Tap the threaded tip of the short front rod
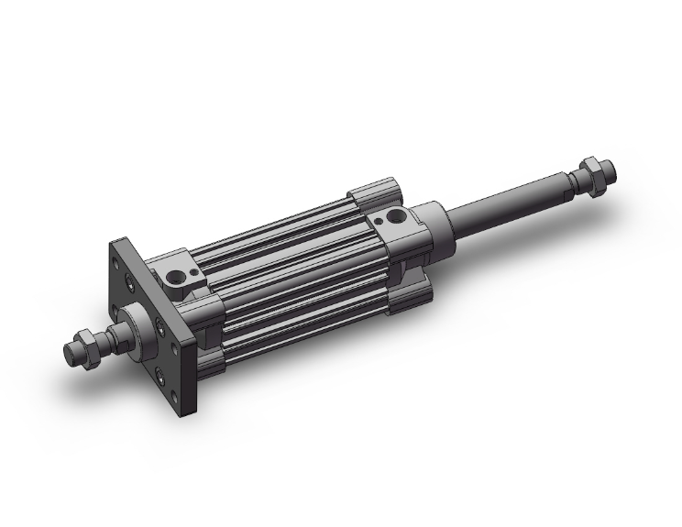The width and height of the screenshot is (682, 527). [72, 351]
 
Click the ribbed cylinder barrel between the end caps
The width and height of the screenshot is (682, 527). [293, 266]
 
